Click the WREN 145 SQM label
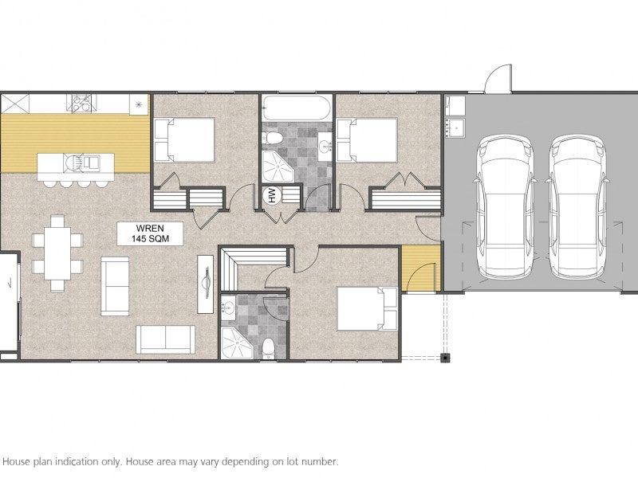[x=150, y=233]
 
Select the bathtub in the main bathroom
[x=297, y=108]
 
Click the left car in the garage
[x=505, y=207]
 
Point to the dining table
[x=57, y=253]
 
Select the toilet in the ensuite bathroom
[x=268, y=348]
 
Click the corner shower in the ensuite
[x=236, y=343]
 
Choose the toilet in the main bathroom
[x=273, y=139]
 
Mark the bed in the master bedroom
[x=367, y=308]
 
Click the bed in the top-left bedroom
[x=184, y=140]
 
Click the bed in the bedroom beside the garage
[x=367, y=140]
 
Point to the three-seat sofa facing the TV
[x=165, y=339]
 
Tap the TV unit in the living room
[x=206, y=284]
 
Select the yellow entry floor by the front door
[x=421, y=268]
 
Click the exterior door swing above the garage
[x=498, y=78]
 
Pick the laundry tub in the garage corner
[x=455, y=128]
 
